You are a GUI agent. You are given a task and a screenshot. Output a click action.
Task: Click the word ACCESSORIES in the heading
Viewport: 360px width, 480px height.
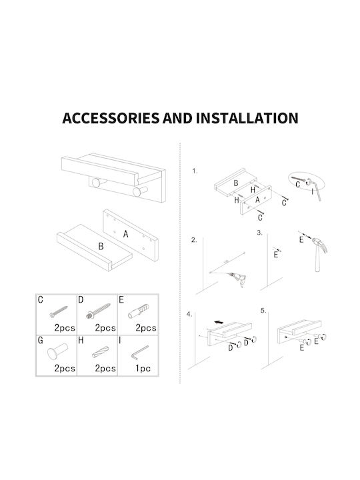(x=111, y=118)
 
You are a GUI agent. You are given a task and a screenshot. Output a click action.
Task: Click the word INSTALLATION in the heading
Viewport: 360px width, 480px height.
(x=247, y=118)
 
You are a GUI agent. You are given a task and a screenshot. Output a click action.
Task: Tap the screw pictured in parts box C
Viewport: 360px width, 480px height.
(x=59, y=311)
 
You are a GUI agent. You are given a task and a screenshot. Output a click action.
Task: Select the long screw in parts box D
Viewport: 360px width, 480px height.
(x=98, y=311)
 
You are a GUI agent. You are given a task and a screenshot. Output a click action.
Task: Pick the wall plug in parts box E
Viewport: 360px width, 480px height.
(x=139, y=311)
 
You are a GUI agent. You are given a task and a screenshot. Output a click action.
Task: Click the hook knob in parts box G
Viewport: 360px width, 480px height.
(x=57, y=351)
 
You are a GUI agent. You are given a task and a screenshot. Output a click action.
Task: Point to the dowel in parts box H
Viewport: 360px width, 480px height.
(x=101, y=352)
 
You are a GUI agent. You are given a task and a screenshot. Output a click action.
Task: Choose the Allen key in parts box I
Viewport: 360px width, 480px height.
(x=139, y=353)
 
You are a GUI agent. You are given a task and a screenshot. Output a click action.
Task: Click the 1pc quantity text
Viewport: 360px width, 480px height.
(x=143, y=368)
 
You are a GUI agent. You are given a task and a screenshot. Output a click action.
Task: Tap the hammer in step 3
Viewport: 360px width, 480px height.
(x=319, y=253)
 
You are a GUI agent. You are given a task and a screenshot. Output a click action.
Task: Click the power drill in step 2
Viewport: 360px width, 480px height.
(x=239, y=279)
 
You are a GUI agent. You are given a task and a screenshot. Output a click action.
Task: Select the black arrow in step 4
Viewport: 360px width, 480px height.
(x=219, y=322)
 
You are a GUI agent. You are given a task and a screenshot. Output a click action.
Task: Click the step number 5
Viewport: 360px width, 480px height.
(x=263, y=311)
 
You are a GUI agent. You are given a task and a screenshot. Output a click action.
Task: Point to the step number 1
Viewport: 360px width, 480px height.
(x=195, y=171)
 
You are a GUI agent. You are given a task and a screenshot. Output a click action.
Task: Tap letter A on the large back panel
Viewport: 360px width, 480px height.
(x=125, y=234)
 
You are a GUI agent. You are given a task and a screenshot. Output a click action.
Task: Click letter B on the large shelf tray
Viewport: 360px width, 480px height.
(x=101, y=247)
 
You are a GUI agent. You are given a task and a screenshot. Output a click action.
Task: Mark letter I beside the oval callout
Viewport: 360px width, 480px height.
(x=312, y=192)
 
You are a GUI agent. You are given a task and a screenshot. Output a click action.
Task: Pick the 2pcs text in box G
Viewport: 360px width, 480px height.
(x=65, y=368)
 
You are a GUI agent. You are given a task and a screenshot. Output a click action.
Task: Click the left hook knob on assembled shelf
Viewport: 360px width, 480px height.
(x=97, y=183)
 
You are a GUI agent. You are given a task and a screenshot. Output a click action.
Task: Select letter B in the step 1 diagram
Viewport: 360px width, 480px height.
(x=236, y=183)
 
